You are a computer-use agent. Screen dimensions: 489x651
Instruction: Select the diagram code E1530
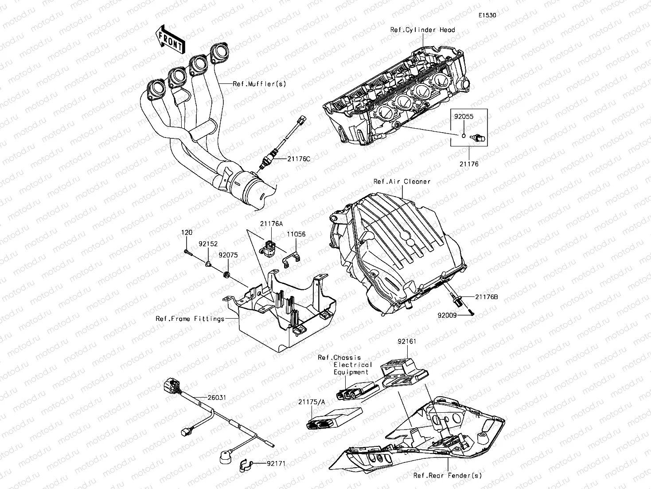click(487, 15)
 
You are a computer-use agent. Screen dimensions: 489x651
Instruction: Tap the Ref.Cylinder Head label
click(422, 30)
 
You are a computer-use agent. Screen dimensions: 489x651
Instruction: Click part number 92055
click(464, 117)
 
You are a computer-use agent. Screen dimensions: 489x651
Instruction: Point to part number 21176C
click(299, 158)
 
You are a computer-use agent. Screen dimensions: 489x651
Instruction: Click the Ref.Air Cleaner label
click(402, 181)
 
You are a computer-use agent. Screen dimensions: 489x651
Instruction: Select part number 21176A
click(271, 225)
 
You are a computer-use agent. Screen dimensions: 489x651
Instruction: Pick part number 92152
click(208, 244)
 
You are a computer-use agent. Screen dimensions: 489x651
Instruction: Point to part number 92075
click(228, 255)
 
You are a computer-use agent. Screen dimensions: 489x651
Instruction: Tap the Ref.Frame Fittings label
click(190, 319)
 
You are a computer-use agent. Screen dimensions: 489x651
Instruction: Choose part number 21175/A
click(312, 402)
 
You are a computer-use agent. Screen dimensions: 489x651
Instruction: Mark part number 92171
click(276, 464)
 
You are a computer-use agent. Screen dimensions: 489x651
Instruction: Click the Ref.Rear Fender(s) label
click(447, 476)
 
